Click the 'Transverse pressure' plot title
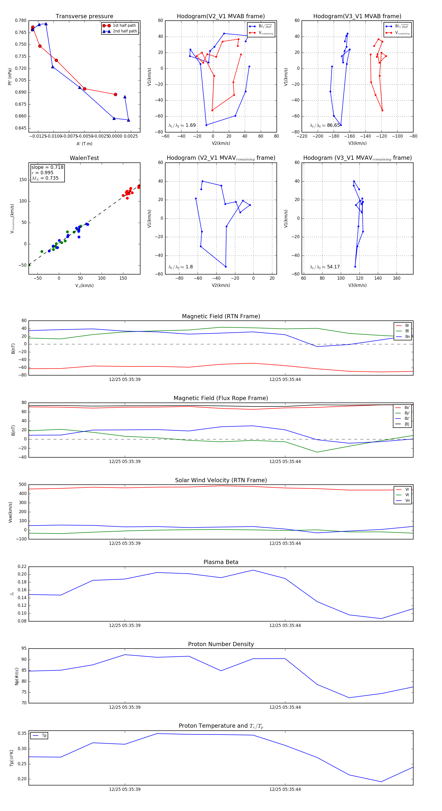coord(84,16)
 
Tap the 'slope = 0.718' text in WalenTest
coord(47,167)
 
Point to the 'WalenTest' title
coord(84,158)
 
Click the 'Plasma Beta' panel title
coord(221,562)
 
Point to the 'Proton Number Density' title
coord(221,644)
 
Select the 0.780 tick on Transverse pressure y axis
coord(21,20)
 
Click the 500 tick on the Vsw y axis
coord(23,485)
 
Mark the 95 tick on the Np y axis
coord(24,649)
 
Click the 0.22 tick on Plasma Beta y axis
coord(22,567)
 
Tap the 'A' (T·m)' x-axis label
coord(84,144)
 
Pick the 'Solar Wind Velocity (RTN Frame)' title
coord(221,480)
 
